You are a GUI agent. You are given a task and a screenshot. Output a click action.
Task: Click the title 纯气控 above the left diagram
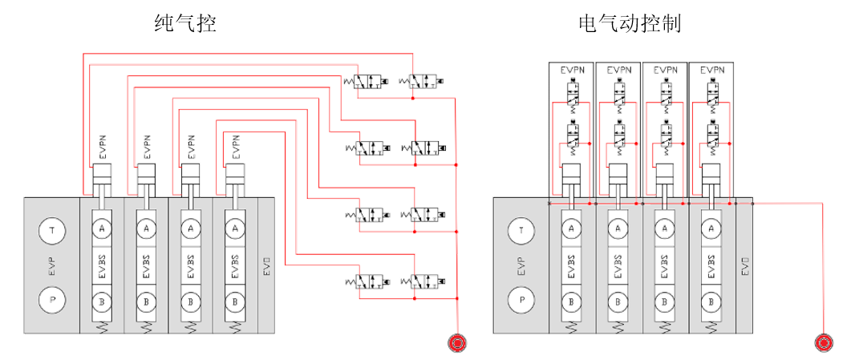[x=185, y=23]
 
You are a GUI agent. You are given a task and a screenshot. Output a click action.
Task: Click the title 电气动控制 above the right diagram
[x=630, y=23]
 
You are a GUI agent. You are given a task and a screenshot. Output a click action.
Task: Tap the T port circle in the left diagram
[x=52, y=230]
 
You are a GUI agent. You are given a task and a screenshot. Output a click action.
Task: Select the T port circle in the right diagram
[x=522, y=230]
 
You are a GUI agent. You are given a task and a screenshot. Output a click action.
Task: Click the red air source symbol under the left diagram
[x=457, y=343]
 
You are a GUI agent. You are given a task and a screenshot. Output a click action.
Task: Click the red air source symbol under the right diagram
[x=823, y=343]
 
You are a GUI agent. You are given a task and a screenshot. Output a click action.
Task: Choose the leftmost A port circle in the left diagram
[x=102, y=229]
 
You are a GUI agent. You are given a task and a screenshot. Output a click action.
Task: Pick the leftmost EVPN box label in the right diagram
[x=572, y=71]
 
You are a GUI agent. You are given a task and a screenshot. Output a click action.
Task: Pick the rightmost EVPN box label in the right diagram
[x=711, y=71]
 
